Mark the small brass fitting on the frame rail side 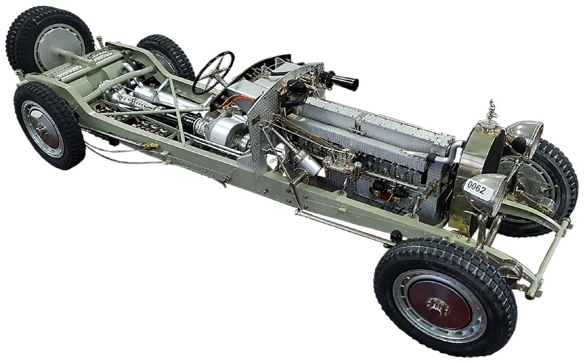[150, 145]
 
